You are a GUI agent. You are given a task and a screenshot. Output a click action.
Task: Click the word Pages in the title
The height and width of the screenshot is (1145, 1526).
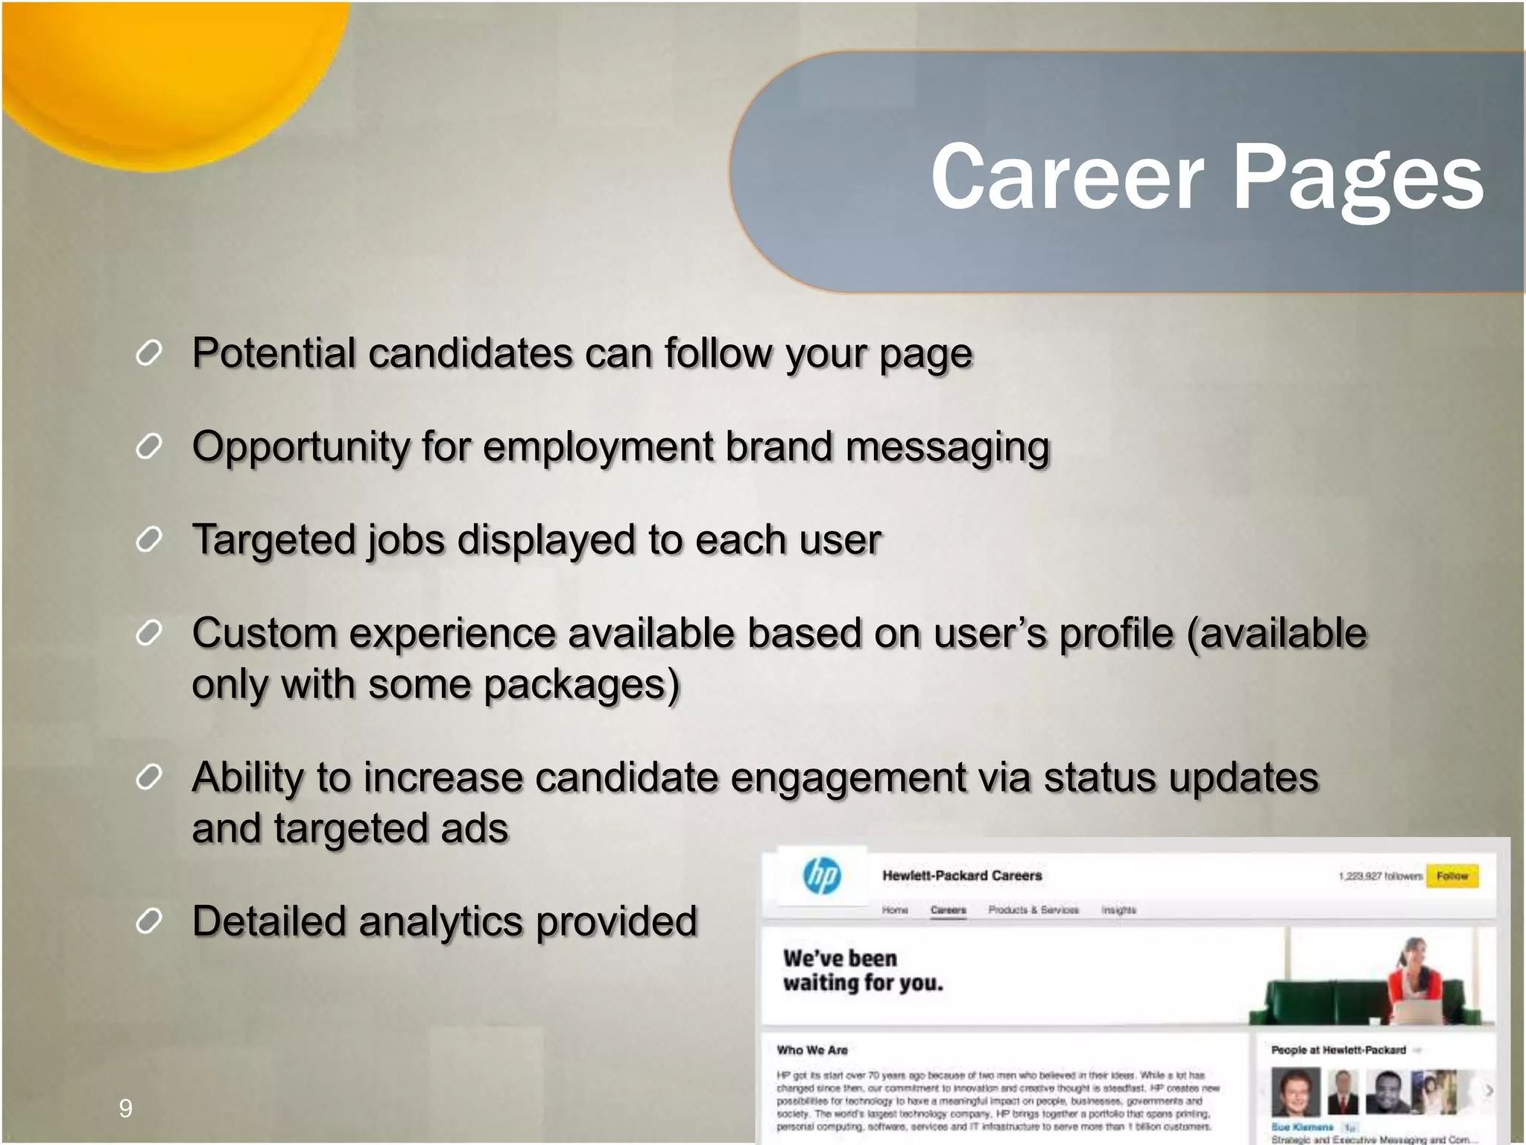[1358, 179]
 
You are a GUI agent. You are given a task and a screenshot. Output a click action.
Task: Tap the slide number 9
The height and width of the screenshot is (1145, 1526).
[126, 1108]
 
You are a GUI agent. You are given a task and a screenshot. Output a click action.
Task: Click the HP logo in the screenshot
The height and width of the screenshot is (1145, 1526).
[823, 876]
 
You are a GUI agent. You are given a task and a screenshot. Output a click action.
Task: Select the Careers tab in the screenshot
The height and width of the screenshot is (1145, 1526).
[948, 910]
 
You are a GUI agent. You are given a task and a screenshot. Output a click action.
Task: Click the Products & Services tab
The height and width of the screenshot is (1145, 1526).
[1033, 910]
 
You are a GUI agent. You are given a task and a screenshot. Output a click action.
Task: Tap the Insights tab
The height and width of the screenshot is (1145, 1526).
[1119, 910]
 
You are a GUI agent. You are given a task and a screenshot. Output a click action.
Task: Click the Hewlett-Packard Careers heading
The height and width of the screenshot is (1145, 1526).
[962, 876]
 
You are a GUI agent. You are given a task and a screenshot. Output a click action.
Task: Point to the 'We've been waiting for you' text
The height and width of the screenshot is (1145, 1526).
[862, 971]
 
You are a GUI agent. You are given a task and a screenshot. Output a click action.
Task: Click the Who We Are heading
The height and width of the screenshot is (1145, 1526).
[812, 1050]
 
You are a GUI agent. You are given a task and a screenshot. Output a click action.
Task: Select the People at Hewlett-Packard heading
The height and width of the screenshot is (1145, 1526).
[1338, 1050]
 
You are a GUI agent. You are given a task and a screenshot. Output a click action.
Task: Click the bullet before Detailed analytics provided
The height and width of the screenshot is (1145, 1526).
[149, 922]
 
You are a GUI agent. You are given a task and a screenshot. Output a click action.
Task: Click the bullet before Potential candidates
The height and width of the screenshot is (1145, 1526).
[149, 353]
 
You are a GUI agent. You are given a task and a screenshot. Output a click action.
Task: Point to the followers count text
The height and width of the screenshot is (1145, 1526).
[1380, 877]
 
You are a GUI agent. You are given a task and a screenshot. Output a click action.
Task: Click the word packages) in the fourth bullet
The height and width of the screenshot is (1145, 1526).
[581, 685]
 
